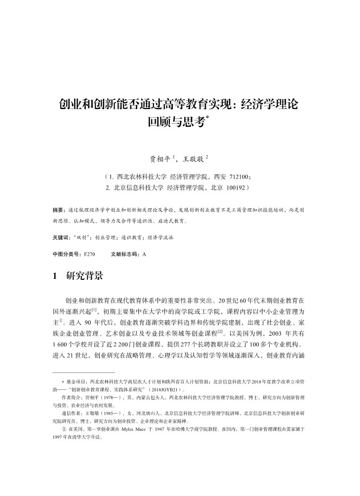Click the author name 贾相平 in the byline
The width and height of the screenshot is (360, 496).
click(160, 159)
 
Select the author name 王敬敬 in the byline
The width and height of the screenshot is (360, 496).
click(193, 159)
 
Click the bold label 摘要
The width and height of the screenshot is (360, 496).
click(58, 210)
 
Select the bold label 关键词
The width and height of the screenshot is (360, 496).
click(60, 237)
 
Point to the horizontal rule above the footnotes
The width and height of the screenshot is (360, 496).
click(83, 372)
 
